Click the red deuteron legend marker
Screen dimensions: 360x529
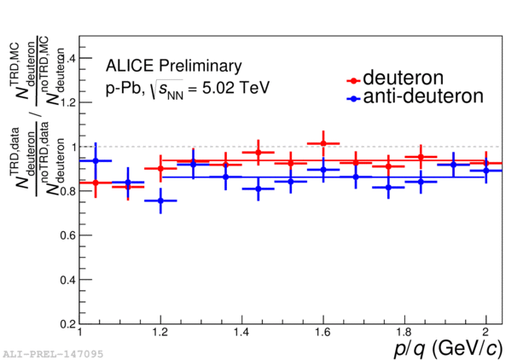click(353, 80)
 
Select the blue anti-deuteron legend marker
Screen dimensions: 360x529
click(353, 98)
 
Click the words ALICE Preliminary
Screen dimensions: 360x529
click(174, 66)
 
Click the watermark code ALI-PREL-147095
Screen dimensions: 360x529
click(40, 351)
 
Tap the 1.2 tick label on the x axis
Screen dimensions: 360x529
click(160, 332)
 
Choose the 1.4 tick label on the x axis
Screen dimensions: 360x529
click(242, 332)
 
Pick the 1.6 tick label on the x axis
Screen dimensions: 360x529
click(323, 332)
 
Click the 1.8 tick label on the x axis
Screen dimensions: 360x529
click(404, 332)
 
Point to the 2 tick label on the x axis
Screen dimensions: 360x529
click(485, 332)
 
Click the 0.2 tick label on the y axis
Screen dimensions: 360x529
click(66, 324)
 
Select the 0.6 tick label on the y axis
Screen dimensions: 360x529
click(66, 235)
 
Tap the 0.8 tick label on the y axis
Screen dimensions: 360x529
click(66, 191)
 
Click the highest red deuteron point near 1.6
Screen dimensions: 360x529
click(323, 143)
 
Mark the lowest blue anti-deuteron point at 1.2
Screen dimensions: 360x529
click(160, 200)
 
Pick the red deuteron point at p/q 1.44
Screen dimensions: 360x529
click(258, 153)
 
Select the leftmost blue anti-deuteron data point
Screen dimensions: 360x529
click(96, 160)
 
